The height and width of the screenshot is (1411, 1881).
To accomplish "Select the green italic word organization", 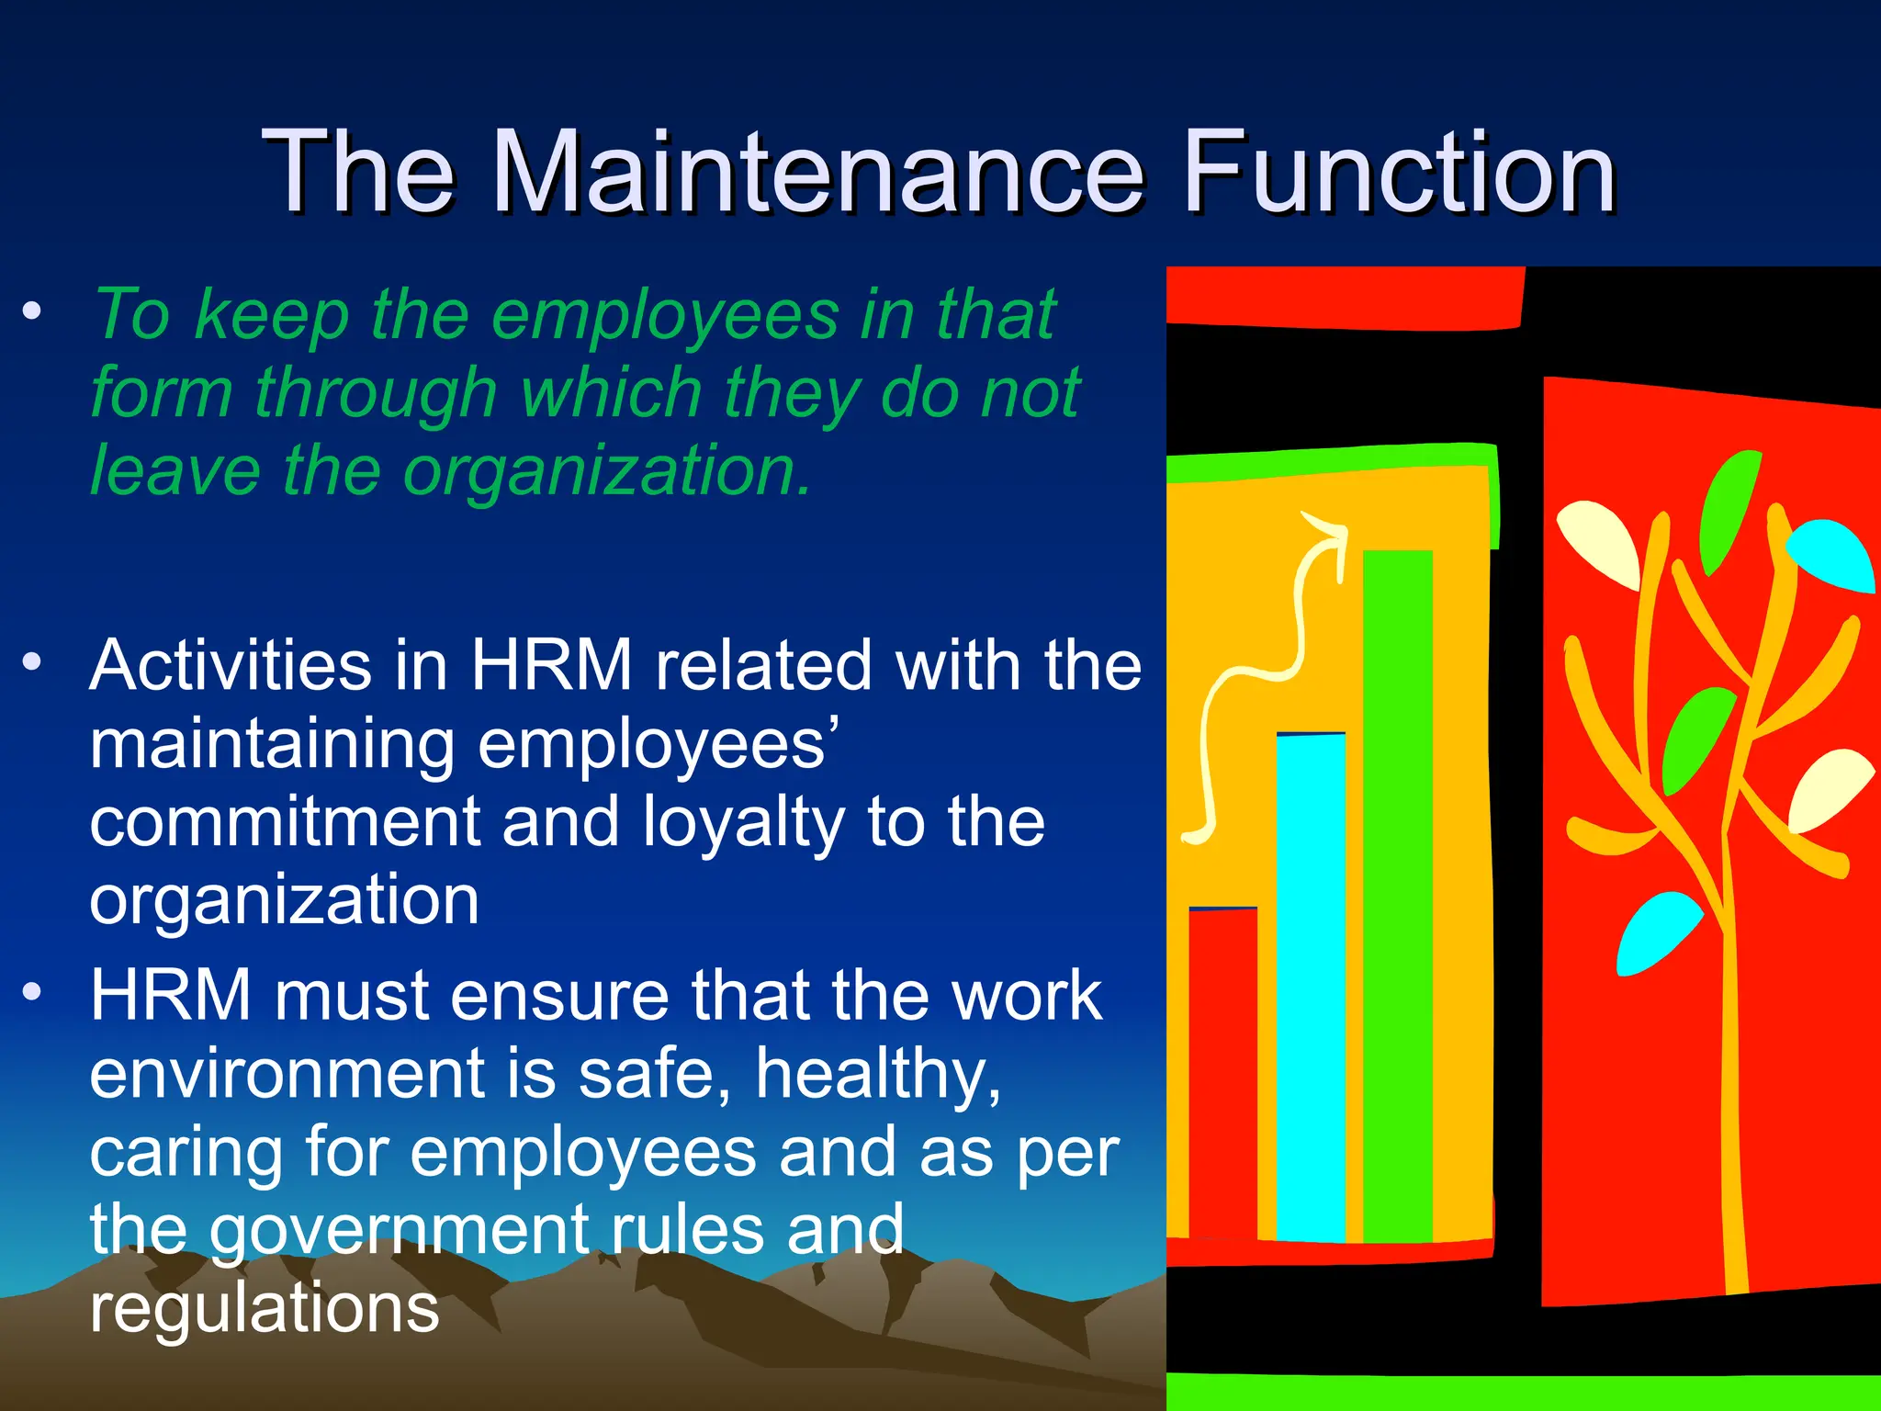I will [607, 470].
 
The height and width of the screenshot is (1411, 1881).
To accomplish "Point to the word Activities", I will [231, 665].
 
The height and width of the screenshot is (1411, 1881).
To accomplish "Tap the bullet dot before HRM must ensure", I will [33, 992].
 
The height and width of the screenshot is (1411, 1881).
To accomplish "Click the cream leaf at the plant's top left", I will [1602, 542].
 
